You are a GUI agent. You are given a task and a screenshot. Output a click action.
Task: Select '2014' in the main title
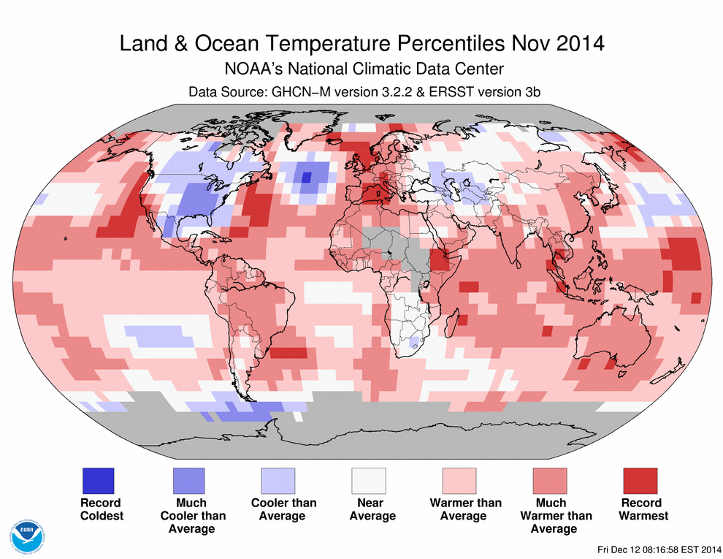click(578, 44)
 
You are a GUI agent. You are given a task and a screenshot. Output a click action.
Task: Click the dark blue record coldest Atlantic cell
click(306, 177)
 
